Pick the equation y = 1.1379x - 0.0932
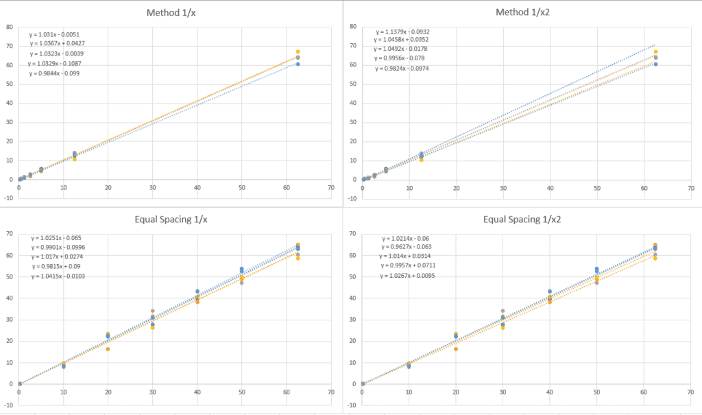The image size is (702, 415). (403, 32)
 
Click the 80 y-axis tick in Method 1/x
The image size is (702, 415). (10, 27)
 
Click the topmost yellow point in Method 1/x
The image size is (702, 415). (298, 52)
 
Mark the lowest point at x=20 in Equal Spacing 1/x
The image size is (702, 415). (108, 349)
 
